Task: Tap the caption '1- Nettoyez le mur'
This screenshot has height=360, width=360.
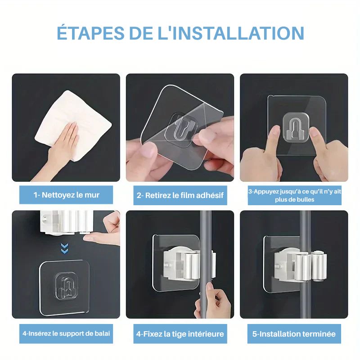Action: tap(66, 195)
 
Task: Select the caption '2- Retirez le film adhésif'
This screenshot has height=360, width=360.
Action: tap(180, 196)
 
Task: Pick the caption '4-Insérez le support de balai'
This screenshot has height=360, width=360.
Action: tap(66, 333)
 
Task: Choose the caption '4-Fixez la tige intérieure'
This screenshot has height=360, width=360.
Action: tap(180, 334)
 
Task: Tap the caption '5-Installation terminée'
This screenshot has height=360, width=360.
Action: tap(294, 334)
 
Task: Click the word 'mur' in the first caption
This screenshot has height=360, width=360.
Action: tap(92, 195)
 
